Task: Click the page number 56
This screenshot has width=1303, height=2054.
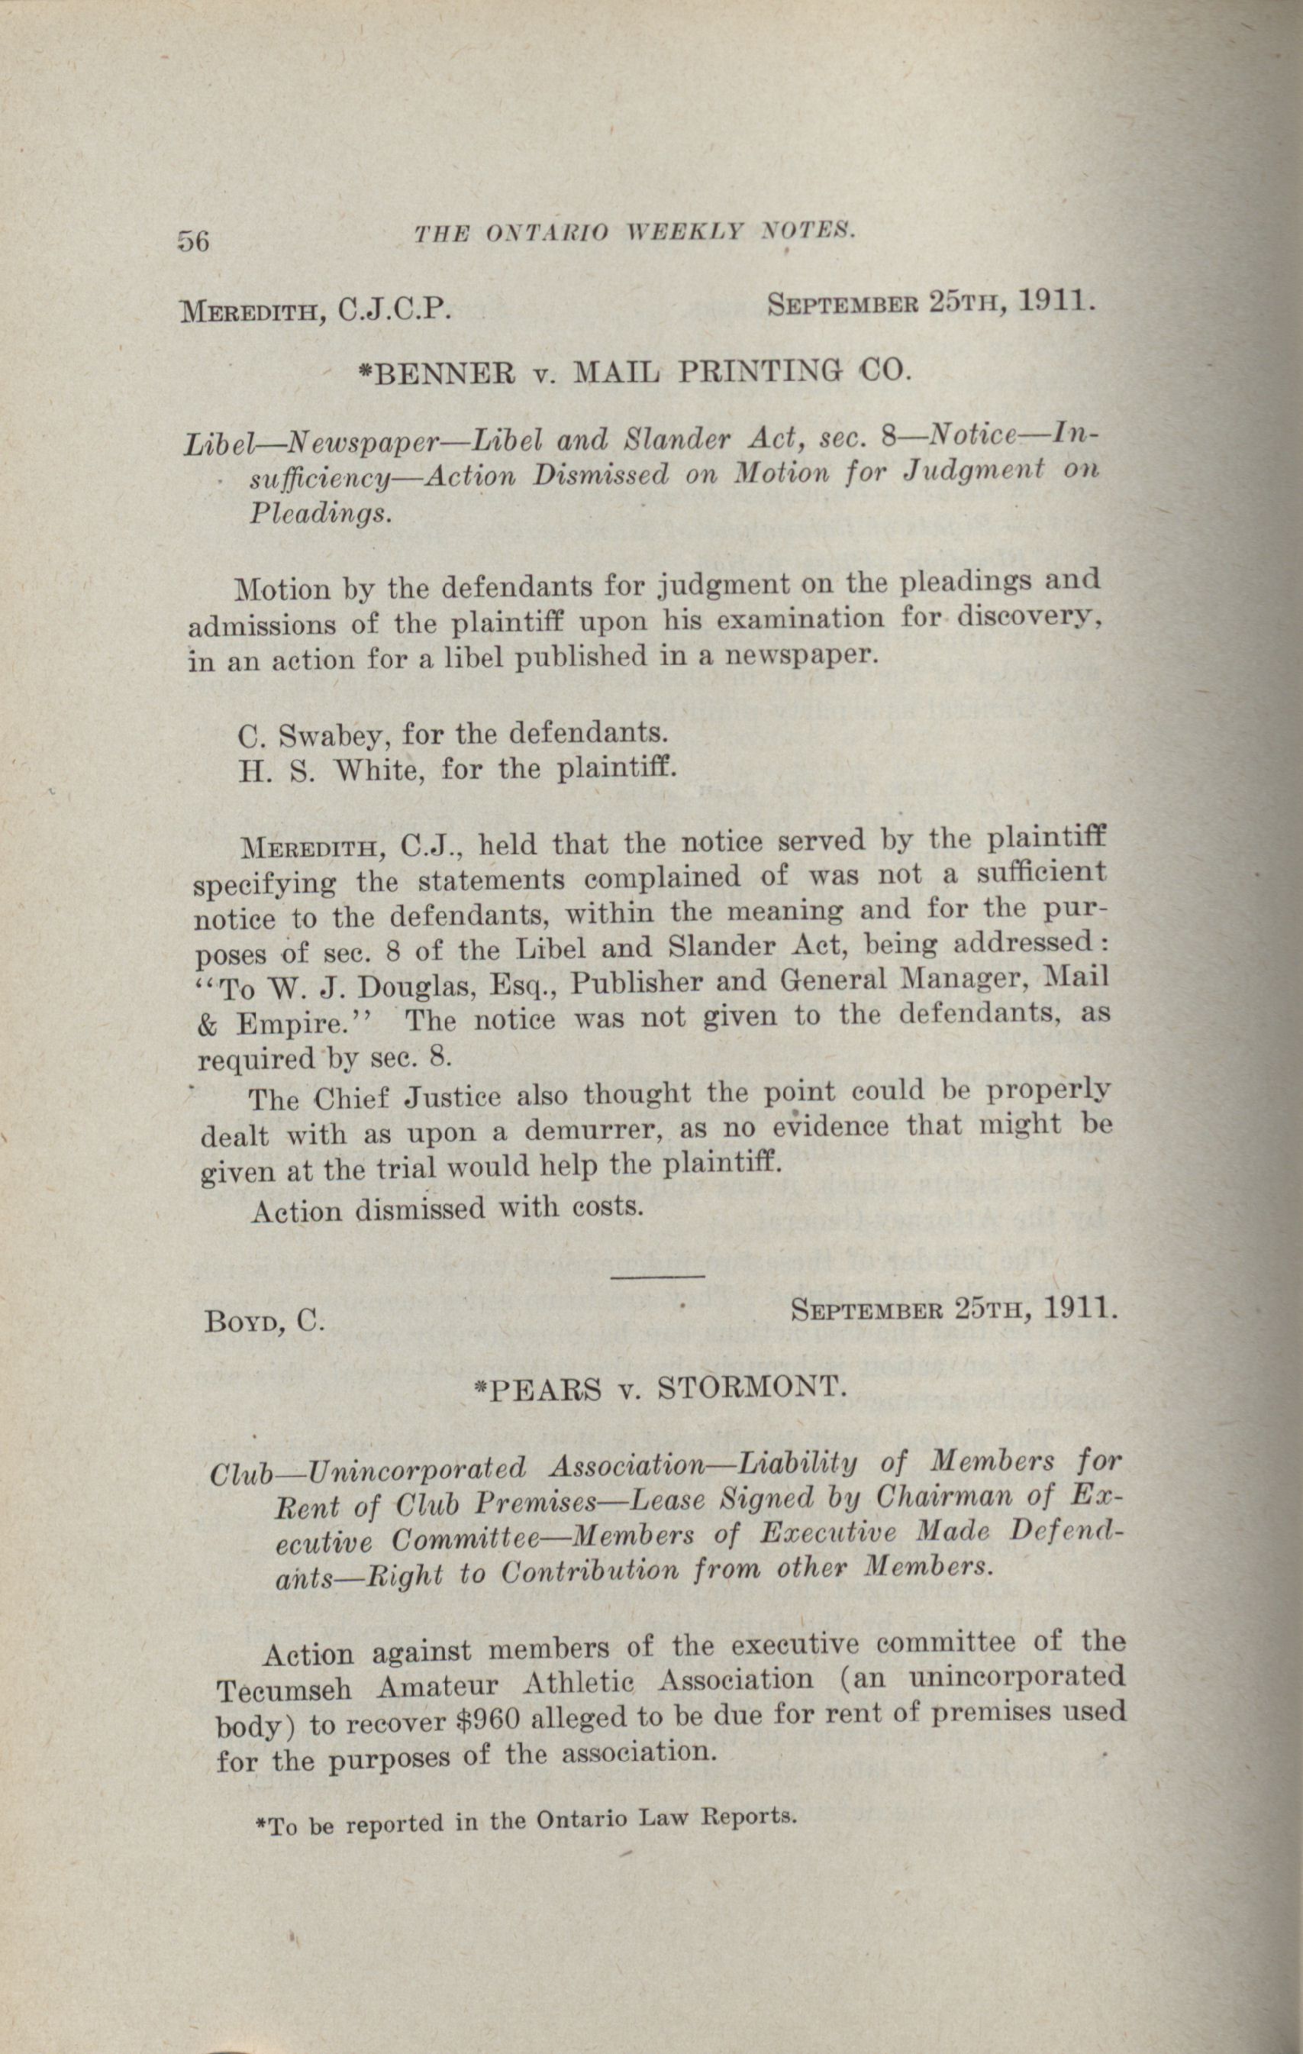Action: (194, 241)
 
